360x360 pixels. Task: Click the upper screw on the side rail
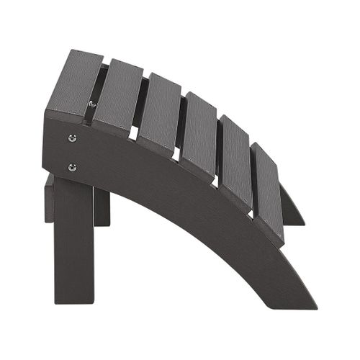(71, 138)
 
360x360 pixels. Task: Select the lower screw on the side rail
(71, 167)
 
